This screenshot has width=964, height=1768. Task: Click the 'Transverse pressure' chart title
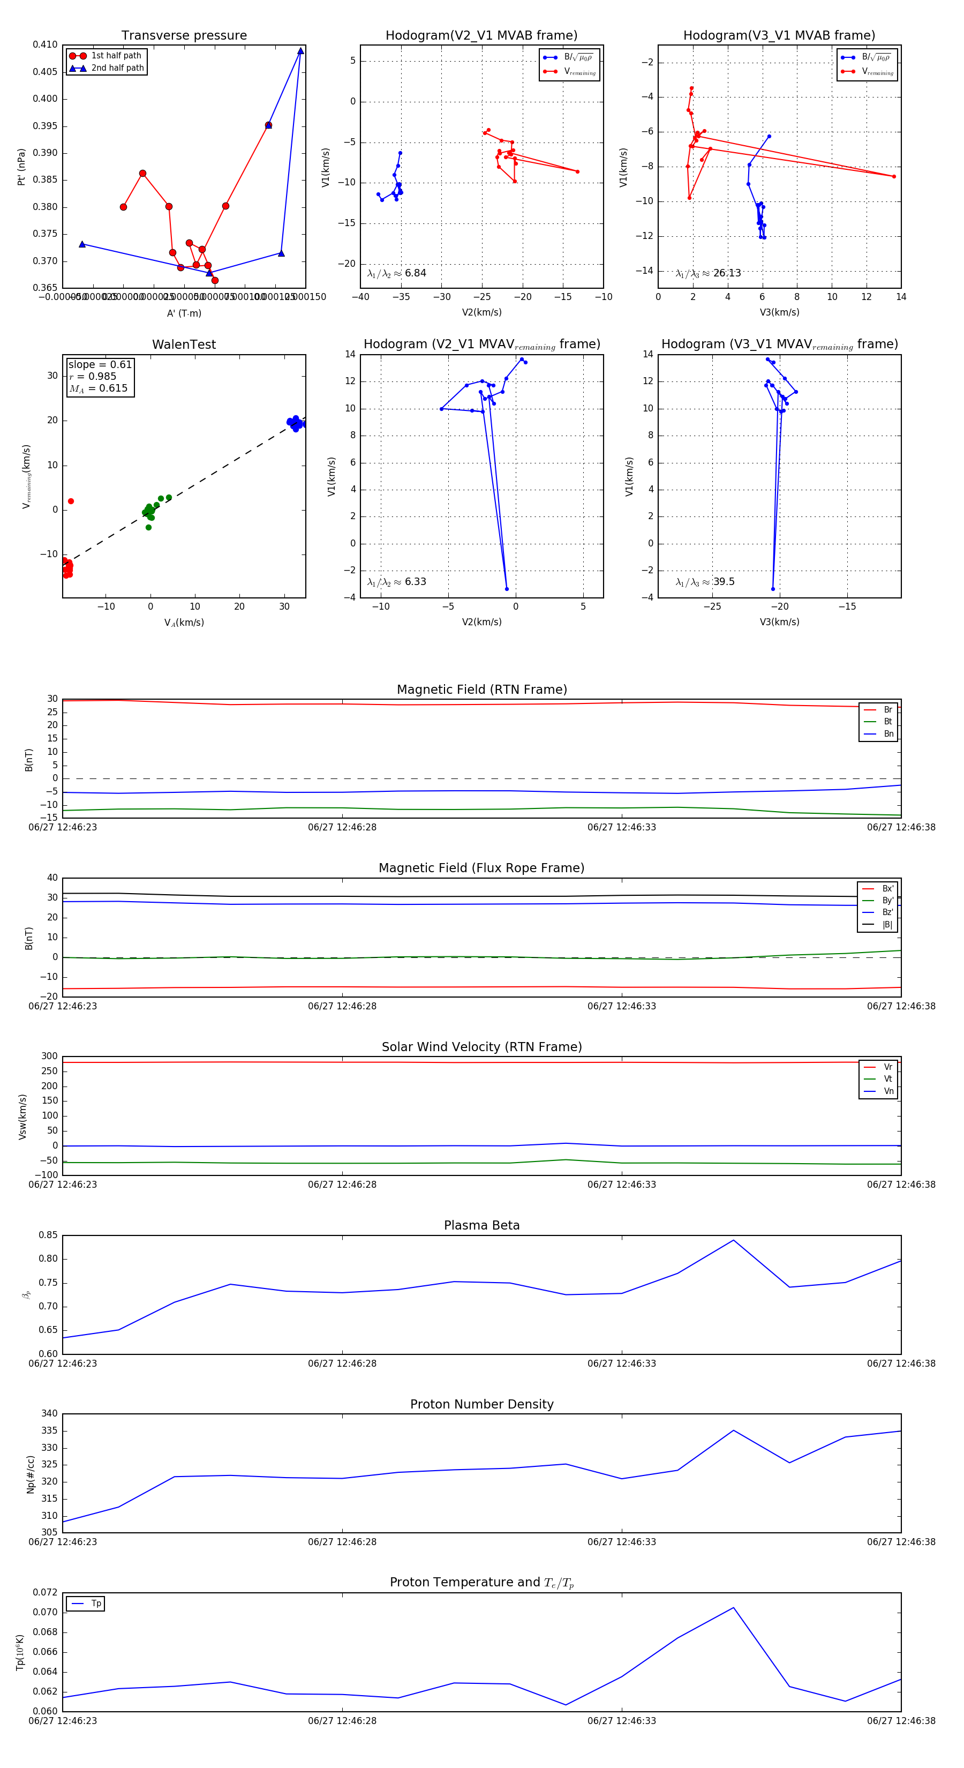click(184, 36)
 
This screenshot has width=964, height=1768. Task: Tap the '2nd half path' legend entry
click(117, 68)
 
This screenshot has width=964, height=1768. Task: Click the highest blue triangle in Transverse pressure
click(300, 51)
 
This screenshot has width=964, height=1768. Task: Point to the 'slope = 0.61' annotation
click(100, 364)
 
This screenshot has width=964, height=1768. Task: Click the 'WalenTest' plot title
click(184, 344)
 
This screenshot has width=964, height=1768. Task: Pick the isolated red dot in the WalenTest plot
click(71, 501)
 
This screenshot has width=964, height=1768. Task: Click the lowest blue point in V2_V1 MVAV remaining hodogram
click(507, 589)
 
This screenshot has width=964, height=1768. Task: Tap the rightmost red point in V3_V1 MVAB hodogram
click(893, 176)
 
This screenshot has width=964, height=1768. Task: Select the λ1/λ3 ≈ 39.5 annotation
click(705, 582)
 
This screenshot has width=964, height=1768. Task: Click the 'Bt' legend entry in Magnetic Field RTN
click(887, 721)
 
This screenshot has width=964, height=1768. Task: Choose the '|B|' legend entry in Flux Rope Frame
click(887, 925)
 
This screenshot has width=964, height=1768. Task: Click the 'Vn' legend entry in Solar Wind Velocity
click(888, 1091)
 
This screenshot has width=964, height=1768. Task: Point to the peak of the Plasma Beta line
click(734, 1240)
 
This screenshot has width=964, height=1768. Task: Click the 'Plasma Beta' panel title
click(481, 1225)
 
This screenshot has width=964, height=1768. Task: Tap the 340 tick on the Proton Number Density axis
click(49, 1413)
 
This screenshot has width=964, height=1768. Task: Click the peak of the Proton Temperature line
click(734, 1607)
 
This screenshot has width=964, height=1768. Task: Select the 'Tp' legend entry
click(96, 1604)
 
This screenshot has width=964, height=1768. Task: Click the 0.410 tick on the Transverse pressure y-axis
click(46, 44)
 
